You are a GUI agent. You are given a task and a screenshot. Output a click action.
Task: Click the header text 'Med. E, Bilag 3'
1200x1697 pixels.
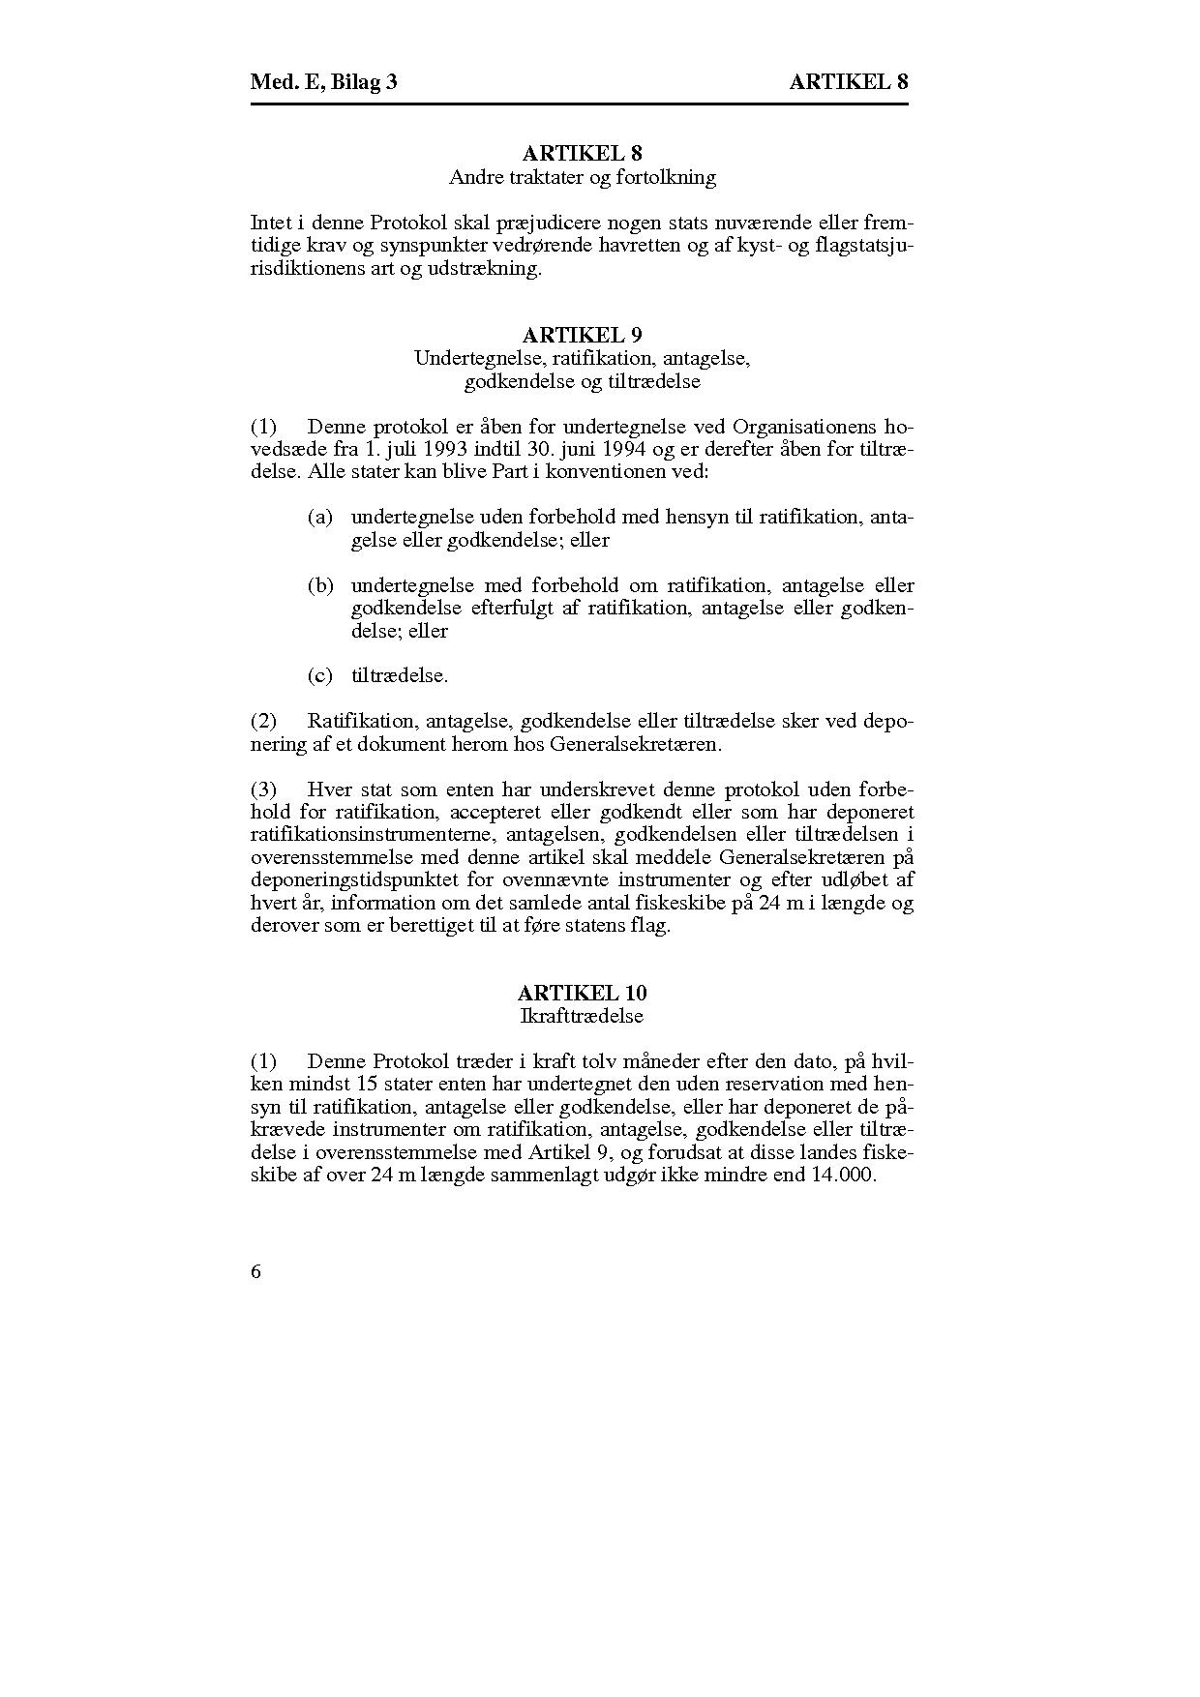[x=323, y=82]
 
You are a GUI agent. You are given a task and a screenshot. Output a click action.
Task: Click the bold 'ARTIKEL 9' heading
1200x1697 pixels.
[x=582, y=336]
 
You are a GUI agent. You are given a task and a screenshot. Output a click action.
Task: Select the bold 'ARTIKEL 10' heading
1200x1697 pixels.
[x=582, y=994]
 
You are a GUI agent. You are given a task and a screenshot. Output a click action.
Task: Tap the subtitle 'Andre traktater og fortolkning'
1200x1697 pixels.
[x=582, y=177]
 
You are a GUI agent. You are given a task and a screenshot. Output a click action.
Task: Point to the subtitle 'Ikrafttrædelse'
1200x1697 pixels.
[x=582, y=1016]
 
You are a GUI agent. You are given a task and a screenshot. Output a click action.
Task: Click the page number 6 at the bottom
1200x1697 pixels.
[x=255, y=1271]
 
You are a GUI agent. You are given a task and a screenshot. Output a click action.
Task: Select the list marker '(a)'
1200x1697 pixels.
[x=320, y=518]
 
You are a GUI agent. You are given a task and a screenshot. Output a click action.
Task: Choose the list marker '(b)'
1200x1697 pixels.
[x=320, y=586]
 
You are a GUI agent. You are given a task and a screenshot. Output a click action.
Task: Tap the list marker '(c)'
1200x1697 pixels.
[x=320, y=676]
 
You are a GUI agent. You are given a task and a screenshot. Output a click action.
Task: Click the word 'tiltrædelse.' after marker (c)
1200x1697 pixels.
[x=400, y=676]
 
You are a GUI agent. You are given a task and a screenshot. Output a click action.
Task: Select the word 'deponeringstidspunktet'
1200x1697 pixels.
[x=353, y=880]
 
